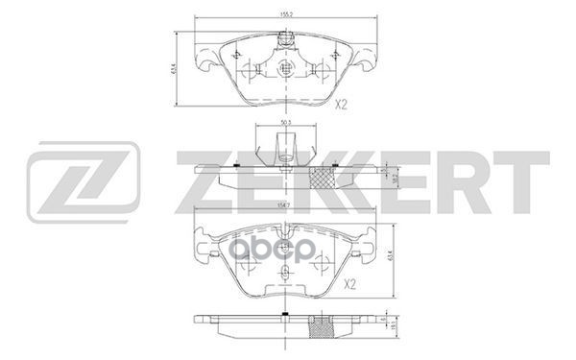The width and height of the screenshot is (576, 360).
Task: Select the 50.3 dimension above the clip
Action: pos(284,123)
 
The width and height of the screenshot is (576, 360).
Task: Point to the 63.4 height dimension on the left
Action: pos(177,70)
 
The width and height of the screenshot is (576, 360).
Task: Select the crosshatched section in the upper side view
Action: pos(326,179)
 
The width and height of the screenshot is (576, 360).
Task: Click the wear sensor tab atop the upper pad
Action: pos(284,40)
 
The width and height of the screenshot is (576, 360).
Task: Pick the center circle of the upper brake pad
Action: pos(284,69)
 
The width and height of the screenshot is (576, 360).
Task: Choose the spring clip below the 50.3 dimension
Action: pos(284,150)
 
